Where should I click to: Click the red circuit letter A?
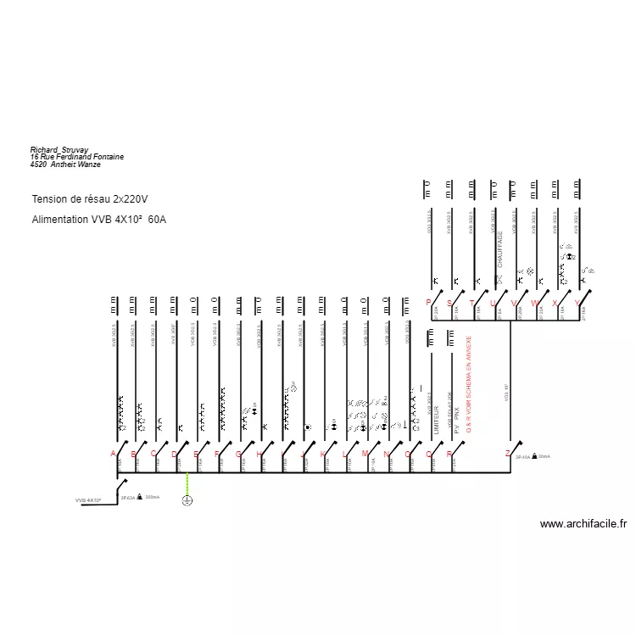click(113, 454)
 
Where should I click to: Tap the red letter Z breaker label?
click(507, 454)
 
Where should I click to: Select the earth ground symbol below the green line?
click(187, 500)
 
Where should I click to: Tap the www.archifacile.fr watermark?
click(583, 524)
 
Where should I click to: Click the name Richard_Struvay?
click(59, 149)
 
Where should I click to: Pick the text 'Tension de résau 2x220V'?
click(90, 199)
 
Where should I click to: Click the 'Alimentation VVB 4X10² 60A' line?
click(99, 220)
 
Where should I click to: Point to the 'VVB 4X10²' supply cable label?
click(88, 500)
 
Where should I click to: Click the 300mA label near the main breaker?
click(153, 497)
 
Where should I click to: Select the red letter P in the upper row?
click(428, 303)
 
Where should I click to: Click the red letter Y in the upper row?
click(577, 303)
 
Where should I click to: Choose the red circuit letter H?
click(259, 454)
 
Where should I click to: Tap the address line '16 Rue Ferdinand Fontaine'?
click(77, 157)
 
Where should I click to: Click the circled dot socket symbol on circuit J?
click(307, 427)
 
